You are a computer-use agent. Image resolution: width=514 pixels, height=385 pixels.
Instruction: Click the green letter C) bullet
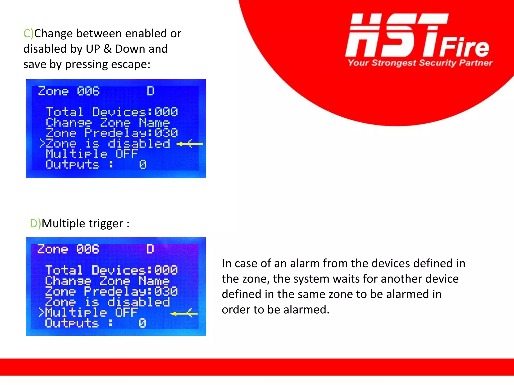pyautogui.click(x=28, y=34)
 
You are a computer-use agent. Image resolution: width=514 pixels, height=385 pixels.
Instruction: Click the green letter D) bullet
pyautogui.click(x=35, y=224)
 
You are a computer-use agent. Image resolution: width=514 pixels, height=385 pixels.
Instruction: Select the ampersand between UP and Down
pyautogui.click(x=107, y=49)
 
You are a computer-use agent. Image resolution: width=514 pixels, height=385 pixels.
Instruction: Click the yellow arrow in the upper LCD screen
pyautogui.click(x=189, y=144)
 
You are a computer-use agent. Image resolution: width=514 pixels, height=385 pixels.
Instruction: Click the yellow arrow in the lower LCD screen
pyautogui.click(x=183, y=313)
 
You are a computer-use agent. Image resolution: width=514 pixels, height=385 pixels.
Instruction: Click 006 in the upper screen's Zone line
pyautogui.click(x=88, y=91)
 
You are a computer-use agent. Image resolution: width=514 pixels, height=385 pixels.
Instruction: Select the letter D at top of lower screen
pyautogui.click(x=150, y=249)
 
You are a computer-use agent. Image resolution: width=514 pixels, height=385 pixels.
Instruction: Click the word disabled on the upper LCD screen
pyautogui.click(x=139, y=144)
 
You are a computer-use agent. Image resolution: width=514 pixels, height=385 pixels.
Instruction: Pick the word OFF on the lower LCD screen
pyautogui.click(x=126, y=313)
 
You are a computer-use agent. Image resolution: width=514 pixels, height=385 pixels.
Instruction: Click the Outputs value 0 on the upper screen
pyautogui.click(x=143, y=165)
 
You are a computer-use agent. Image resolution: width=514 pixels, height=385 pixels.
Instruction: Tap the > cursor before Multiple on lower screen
pyautogui.click(x=41, y=313)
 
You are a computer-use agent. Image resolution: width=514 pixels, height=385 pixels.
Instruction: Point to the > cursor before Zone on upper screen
pyautogui.click(x=42, y=144)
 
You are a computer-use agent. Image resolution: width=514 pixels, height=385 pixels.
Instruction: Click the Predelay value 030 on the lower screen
pyautogui.click(x=166, y=292)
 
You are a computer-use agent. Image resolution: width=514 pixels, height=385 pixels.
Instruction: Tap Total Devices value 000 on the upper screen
pyautogui.click(x=166, y=112)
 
